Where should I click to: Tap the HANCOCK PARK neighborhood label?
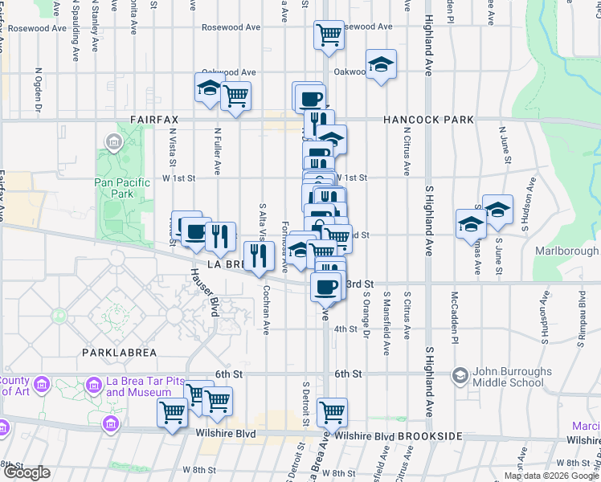pyautogui.click(x=427, y=120)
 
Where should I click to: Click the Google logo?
pyautogui.click(x=26, y=472)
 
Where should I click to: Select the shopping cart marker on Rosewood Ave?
pyautogui.click(x=329, y=35)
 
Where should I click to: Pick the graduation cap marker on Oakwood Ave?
pyautogui.click(x=381, y=64)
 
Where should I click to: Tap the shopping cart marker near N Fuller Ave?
pyautogui.click(x=235, y=96)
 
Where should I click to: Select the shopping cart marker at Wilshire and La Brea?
pyautogui.click(x=332, y=413)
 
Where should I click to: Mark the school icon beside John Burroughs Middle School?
pyautogui.click(x=460, y=375)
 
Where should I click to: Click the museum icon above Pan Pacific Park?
pyautogui.click(x=112, y=145)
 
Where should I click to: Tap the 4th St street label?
pyautogui.click(x=345, y=329)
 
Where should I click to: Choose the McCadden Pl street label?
pyautogui.click(x=454, y=317)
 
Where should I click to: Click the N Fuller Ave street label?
pyautogui.click(x=217, y=150)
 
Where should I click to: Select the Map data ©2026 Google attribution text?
pyautogui.click(x=551, y=476)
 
